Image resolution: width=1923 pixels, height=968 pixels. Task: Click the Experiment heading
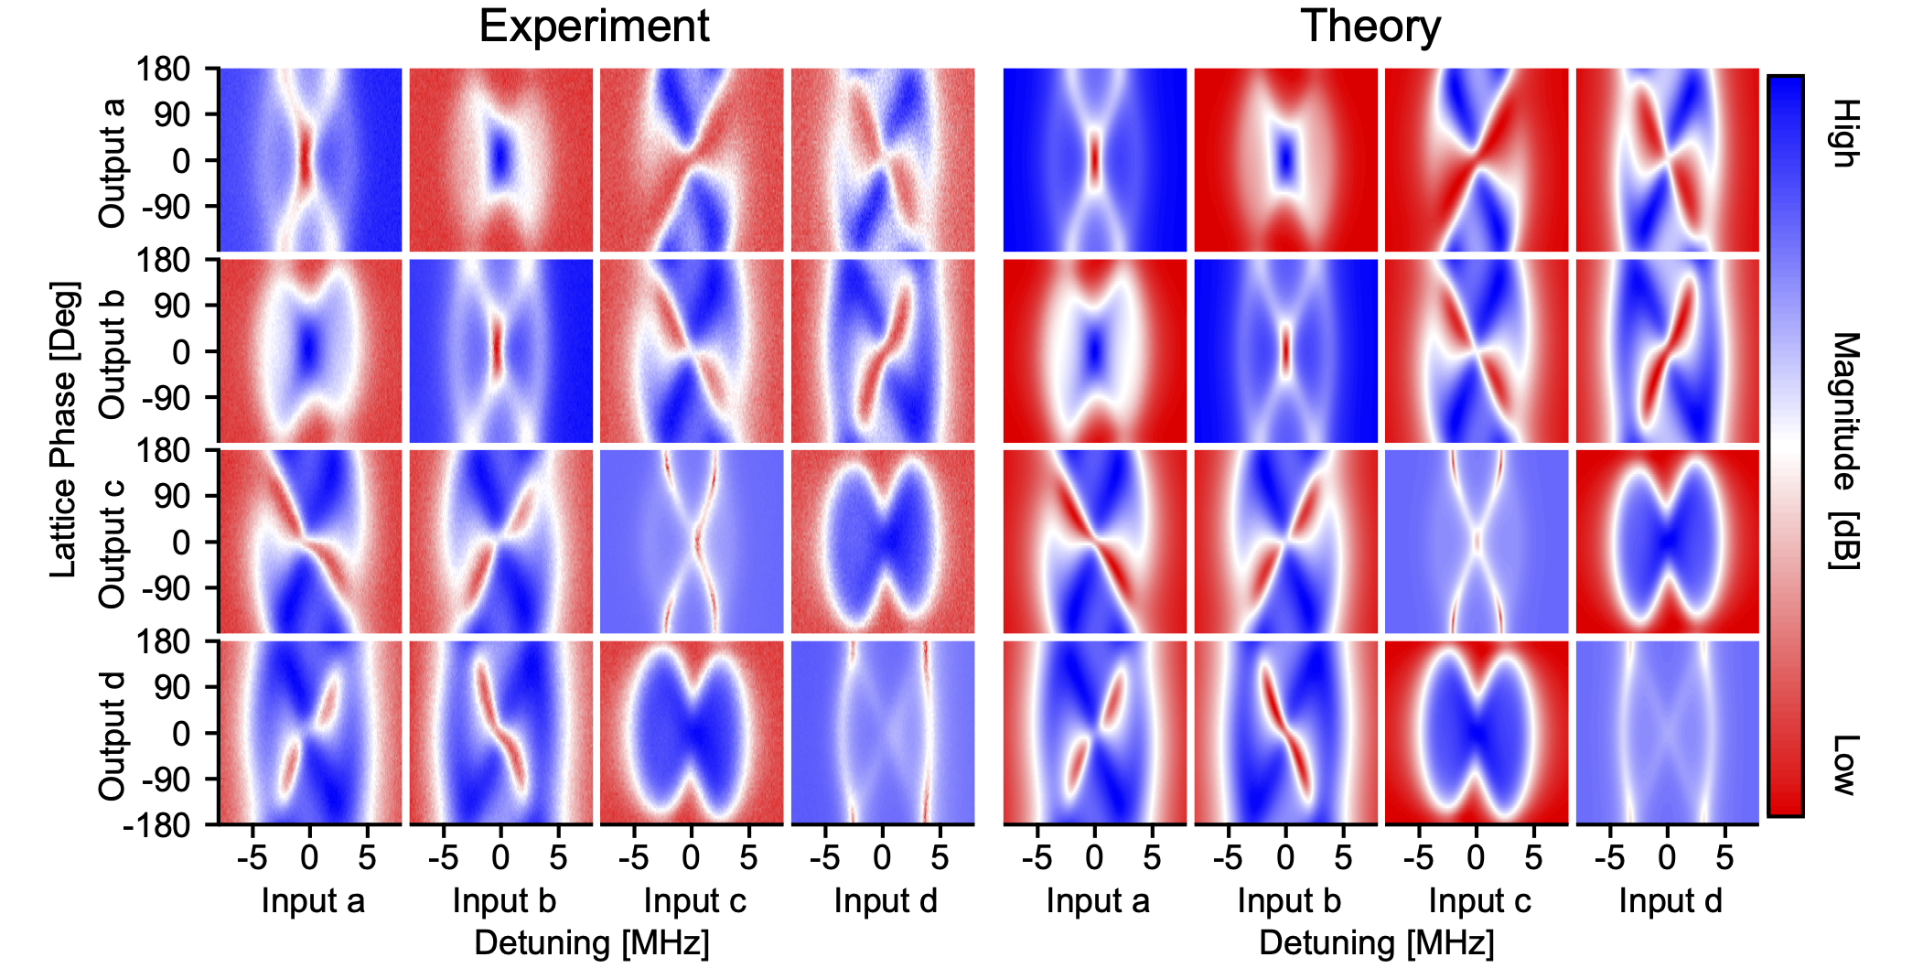(x=594, y=26)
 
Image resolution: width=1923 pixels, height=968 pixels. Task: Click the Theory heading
(x=1370, y=26)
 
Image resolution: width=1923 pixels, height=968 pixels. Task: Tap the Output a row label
(x=112, y=163)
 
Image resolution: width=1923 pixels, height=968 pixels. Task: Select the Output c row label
(x=112, y=543)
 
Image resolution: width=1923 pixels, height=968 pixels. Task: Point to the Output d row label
(x=112, y=736)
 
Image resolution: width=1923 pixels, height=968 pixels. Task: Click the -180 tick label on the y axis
(x=156, y=825)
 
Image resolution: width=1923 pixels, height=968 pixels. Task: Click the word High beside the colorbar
(x=1845, y=134)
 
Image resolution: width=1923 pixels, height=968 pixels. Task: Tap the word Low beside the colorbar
(x=1845, y=764)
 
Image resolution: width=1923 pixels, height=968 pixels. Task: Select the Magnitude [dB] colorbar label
(x=1845, y=450)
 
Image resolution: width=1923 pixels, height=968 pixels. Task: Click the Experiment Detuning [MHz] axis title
(x=592, y=942)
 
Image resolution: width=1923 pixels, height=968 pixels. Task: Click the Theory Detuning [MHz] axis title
(x=1376, y=942)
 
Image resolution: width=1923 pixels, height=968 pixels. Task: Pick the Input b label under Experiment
(x=504, y=901)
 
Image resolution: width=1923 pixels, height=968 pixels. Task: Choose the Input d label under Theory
(x=1670, y=901)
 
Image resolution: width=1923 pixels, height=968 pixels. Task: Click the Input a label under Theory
(x=1097, y=901)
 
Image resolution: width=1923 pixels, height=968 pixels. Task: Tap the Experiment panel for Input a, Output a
(x=310, y=159)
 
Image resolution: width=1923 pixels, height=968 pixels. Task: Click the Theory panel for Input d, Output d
(x=1667, y=732)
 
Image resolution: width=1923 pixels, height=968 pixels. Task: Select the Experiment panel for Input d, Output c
(x=882, y=541)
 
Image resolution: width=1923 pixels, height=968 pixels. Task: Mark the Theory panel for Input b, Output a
(x=1285, y=159)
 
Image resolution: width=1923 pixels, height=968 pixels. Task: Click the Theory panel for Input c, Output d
(x=1477, y=732)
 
